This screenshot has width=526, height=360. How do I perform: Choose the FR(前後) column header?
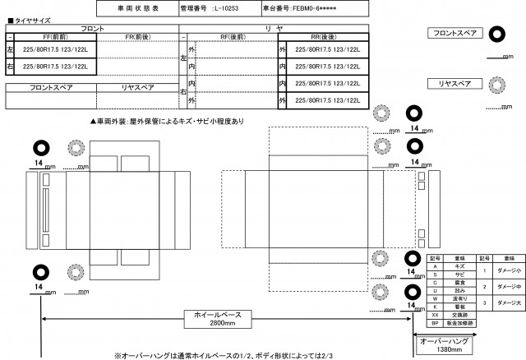tap(137, 37)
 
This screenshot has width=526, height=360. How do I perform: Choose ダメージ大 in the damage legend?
tap(507, 302)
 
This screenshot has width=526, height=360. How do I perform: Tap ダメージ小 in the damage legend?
tap(507, 271)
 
